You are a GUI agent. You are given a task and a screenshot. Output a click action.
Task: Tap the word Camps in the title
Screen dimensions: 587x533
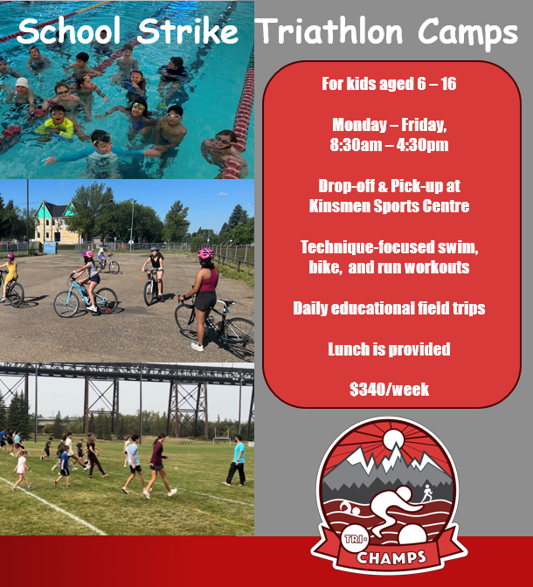click(467, 32)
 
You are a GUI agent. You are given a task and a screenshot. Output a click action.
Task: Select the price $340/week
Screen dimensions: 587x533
click(390, 390)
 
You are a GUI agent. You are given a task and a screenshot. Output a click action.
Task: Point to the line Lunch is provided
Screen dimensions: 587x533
click(390, 349)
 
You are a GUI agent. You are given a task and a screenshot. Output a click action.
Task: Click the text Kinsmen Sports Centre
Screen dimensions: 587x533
click(390, 207)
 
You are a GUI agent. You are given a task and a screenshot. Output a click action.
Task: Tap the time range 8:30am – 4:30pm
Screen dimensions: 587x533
click(390, 145)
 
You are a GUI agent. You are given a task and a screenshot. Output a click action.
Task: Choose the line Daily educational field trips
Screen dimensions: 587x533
click(390, 308)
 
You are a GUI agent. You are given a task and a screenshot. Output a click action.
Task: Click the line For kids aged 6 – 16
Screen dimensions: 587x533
click(390, 85)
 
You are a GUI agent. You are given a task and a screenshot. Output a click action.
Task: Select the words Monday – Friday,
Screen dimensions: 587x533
click(390, 125)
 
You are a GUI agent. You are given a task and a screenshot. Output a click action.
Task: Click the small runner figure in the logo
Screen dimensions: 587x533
click(426, 494)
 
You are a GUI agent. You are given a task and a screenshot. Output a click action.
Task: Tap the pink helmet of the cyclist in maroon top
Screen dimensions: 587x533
click(206, 253)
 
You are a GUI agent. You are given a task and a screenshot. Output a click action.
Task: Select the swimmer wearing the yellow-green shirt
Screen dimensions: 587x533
click(58, 127)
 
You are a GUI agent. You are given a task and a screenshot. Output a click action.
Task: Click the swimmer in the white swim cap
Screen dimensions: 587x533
click(21, 86)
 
